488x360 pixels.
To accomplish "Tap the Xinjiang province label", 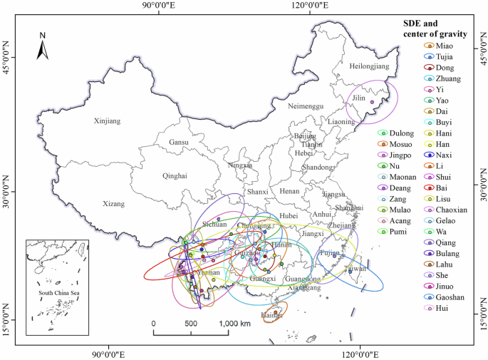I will click(x=108, y=121).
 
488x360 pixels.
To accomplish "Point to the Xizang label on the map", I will click(x=113, y=203).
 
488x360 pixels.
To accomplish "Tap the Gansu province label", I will click(x=179, y=143).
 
